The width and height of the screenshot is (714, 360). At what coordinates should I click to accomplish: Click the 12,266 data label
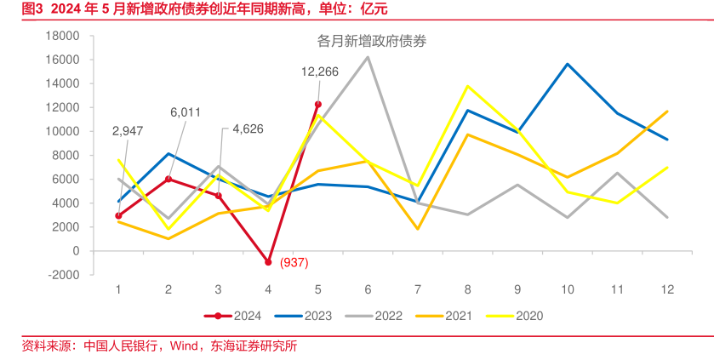click(x=320, y=71)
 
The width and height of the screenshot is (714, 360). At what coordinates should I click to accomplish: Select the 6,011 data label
click(x=186, y=111)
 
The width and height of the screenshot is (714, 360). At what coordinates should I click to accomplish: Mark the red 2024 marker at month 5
click(x=317, y=104)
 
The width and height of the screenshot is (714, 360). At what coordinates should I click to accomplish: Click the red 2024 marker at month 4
click(x=268, y=262)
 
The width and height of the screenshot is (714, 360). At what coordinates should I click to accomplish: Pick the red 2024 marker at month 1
click(x=118, y=216)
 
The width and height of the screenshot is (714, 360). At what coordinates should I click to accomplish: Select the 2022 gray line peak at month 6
click(x=368, y=57)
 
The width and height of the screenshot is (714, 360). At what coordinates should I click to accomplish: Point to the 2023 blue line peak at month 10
click(x=567, y=64)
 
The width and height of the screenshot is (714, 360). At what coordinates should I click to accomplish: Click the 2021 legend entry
click(x=448, y=316)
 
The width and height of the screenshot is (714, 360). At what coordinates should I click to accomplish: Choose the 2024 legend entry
click(x=236, y=316)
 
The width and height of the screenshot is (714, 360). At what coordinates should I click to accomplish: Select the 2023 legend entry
click(x=306, y=316)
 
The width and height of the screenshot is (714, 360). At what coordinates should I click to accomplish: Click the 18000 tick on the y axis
click(x=63, y=36)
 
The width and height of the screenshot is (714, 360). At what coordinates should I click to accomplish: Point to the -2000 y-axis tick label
click(x=63, y=275)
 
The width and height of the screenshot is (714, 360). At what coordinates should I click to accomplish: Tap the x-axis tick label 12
click(x=667, y=289)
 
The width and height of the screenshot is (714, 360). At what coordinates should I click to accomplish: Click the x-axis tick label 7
click(x=418, y=289)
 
